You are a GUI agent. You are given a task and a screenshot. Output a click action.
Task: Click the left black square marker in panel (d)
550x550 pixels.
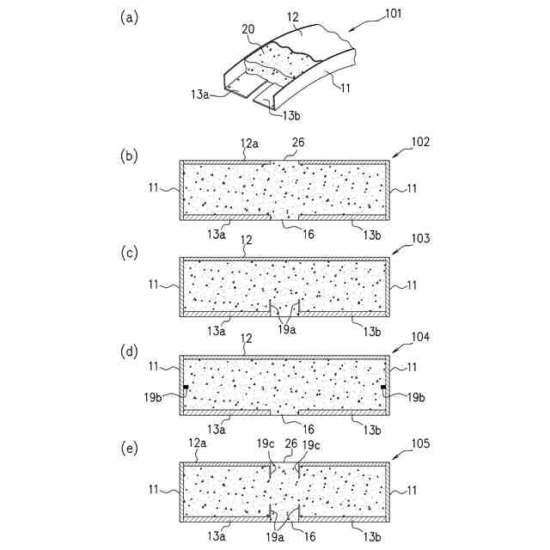[x=186, y=388]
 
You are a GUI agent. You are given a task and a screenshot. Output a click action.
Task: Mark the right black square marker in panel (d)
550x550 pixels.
[x=383, y=388]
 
